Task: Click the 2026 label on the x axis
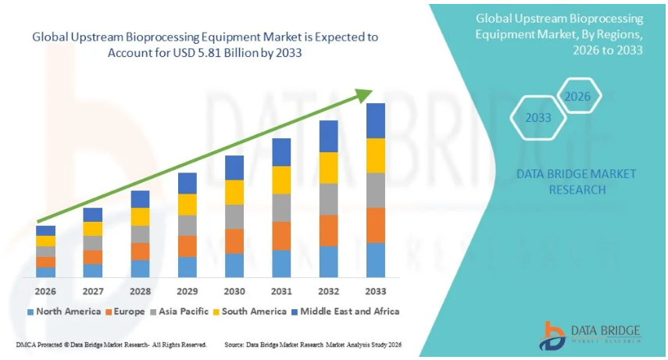click(45, 290)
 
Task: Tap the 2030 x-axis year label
click(234, 290)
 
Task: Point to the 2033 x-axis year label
click(376, 290)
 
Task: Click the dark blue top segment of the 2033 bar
click(376, 120)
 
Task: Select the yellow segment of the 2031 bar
click(281, 180)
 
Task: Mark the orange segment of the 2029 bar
click(188, 246)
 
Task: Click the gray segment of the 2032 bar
click(328, 199)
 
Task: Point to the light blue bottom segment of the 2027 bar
click(93, 270)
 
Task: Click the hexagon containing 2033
click(538, 118)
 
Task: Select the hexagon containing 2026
click(577, 97)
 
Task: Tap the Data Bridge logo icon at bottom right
click(552, 333)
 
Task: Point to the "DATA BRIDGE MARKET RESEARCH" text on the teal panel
click(577, 181)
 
